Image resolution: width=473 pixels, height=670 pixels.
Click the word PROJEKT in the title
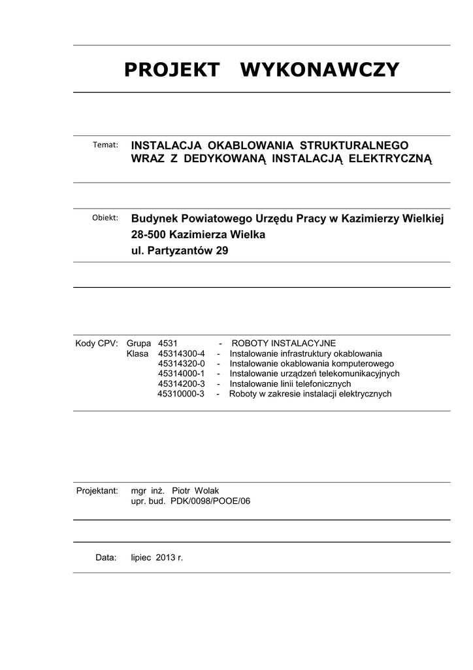tap(171, 70)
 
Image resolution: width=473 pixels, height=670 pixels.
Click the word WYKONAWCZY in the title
tap(319, 70)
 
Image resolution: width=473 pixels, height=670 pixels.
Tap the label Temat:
tap(105, 145)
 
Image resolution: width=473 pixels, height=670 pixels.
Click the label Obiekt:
tap(105, 218)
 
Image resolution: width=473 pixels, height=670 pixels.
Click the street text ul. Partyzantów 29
tap(180, 250)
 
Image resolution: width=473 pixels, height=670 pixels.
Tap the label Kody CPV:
tap(96, 343)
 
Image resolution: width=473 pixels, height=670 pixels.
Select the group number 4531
tap(168, 343)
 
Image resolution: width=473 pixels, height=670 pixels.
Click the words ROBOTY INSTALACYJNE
tap(284, 343)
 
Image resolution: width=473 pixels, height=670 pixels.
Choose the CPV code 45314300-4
tap(181, 353)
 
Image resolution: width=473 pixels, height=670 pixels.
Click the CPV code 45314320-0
tap(181, 363)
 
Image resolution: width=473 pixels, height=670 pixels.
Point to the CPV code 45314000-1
tap(181, 374)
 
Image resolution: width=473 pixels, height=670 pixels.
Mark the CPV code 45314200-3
tap(181, 383)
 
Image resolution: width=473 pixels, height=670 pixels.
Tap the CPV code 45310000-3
tap(181, 394)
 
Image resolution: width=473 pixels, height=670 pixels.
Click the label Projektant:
tap(97, 491)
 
